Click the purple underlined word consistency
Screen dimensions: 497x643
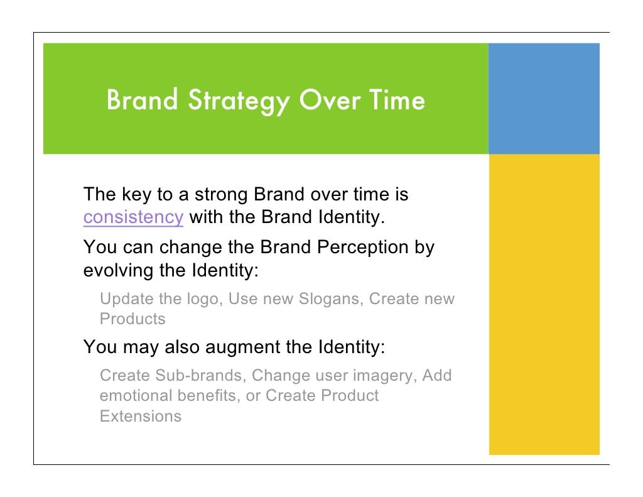pos(133,217)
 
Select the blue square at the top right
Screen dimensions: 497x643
pos(544,99)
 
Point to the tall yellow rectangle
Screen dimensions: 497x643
pos(544,304)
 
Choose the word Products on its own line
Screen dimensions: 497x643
pos(132,319)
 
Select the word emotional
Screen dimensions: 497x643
pos(134,396)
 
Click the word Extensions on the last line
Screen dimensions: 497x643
pos(141,416)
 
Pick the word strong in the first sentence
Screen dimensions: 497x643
pos(221,195)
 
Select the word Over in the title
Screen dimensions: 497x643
pos(325,100)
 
